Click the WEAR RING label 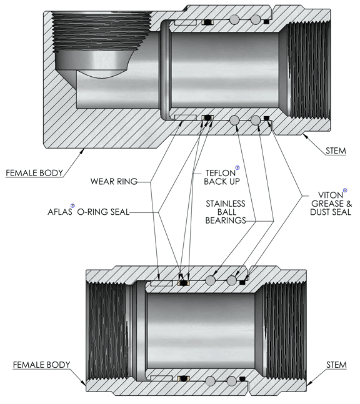[114, 181]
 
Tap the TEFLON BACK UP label [222, 177]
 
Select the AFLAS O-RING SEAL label [89, 212]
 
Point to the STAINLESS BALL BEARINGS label [226, 212]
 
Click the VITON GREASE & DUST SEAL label [331, 204]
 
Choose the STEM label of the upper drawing [336, 150]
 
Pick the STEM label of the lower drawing [336, 365]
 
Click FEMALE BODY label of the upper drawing [34, 173]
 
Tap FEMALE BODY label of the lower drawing [41, 365]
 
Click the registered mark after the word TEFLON [237, 168]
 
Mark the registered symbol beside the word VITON [345, 190]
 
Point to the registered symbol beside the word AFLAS [72, 205]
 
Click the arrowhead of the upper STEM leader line [306, 136]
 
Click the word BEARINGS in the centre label [226, 220]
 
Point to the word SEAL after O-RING [120, 212]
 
